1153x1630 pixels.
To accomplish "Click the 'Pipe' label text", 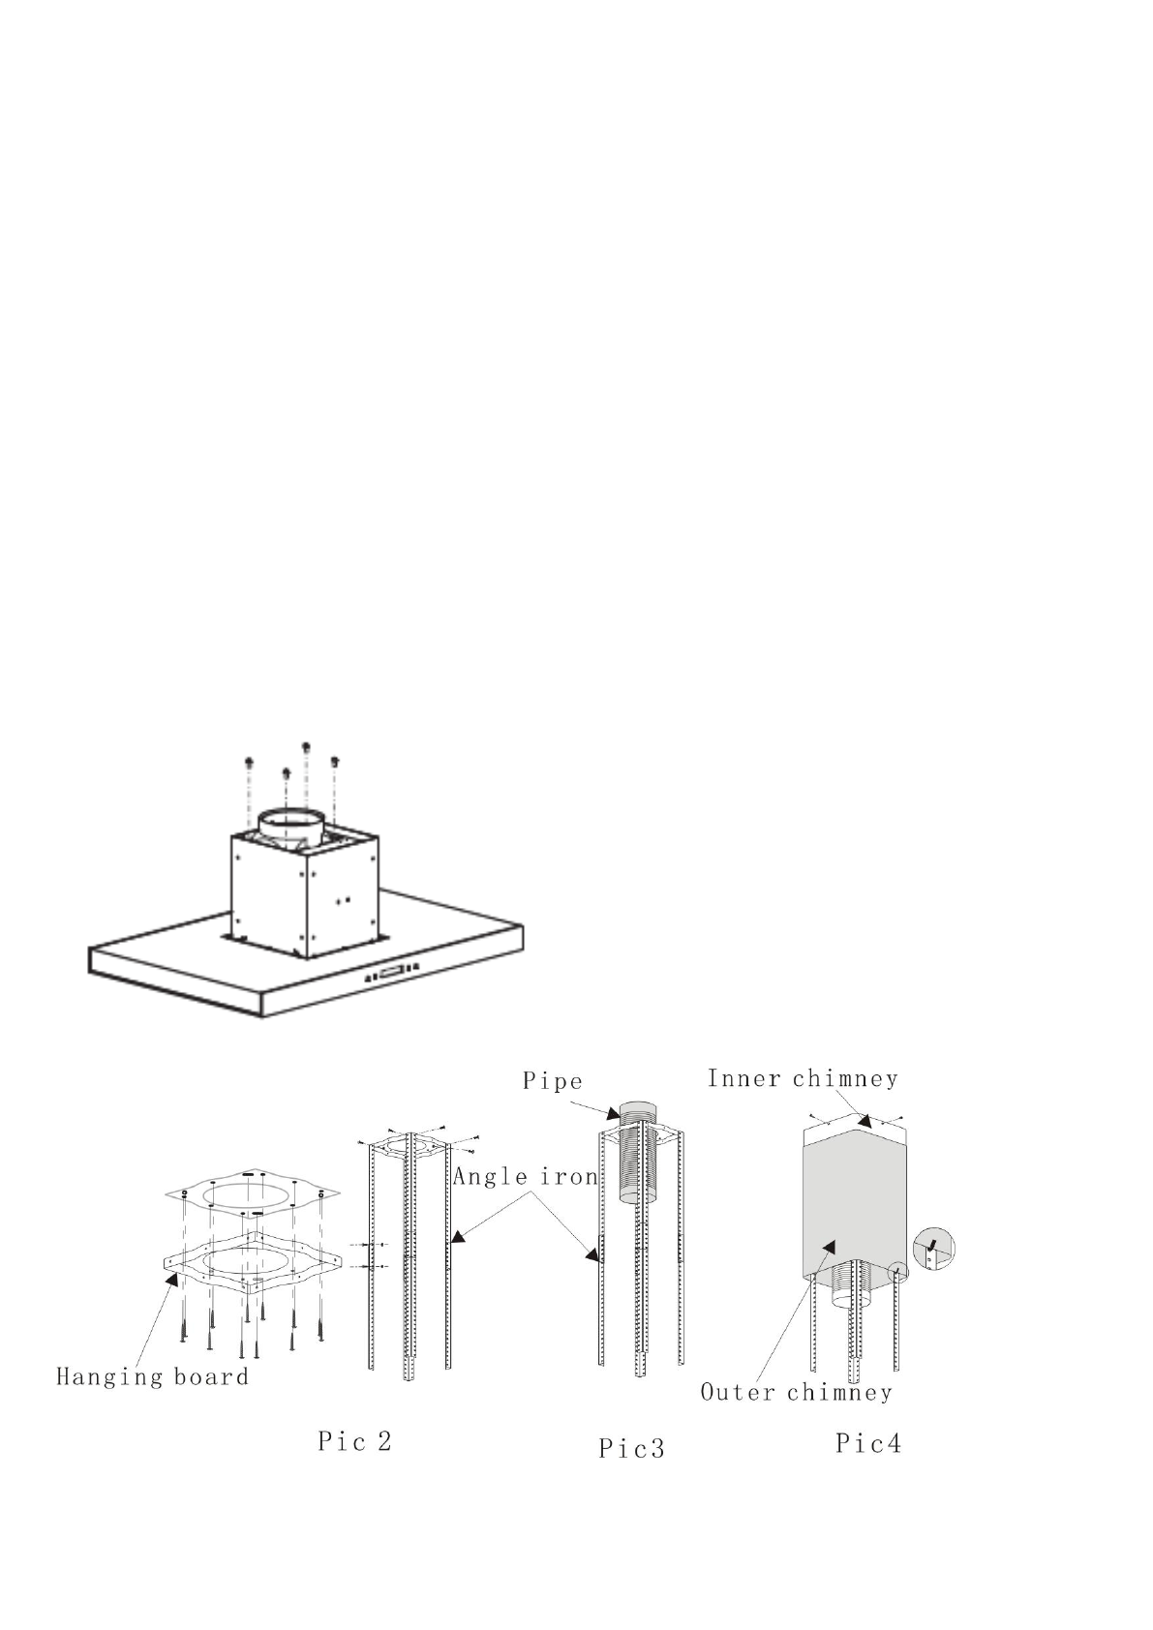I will [552, 1080].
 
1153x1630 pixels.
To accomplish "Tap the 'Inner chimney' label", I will [802, 1078].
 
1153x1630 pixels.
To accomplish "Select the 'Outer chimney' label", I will [795, 1393].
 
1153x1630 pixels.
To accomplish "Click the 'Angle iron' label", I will [525, 1177].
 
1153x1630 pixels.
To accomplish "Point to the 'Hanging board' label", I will [152, 1376].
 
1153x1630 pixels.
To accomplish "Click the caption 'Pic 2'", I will [354, 1441].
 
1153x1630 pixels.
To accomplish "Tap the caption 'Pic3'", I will [631, 1449].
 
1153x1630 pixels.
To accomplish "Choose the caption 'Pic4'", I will [868, 1443].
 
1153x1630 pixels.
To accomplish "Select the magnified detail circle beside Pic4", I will [933, 1248].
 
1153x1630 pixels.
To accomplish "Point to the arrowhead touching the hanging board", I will [175, 1280].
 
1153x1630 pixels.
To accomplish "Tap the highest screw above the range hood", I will [306, 746].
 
